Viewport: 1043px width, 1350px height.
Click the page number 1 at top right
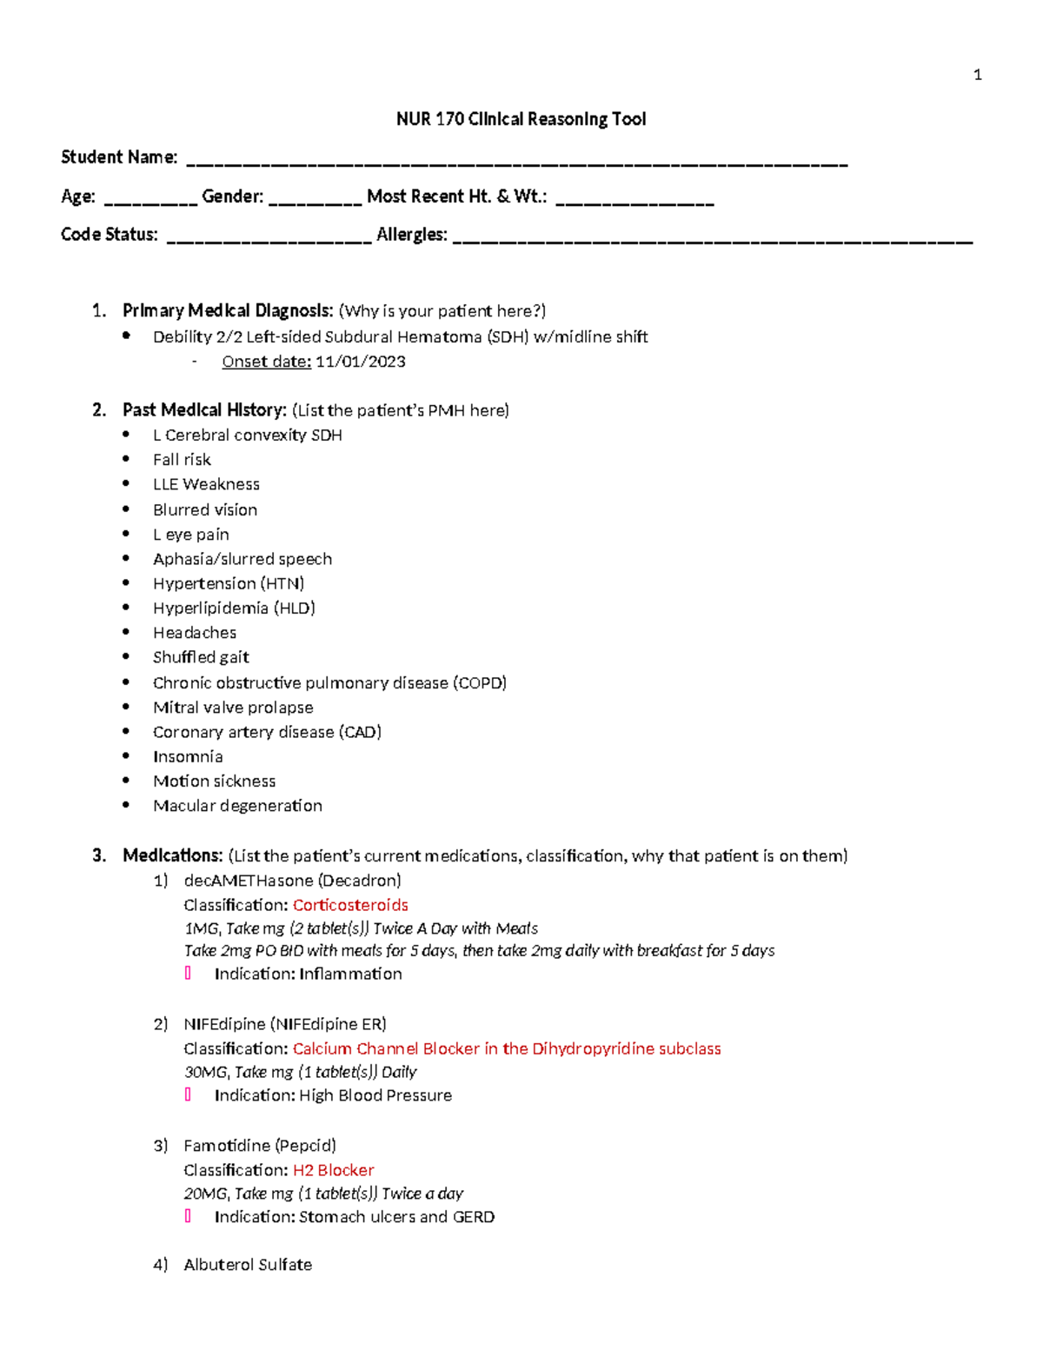(x=978, y=75)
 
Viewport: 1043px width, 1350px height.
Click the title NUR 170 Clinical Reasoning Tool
(x=521, y=119)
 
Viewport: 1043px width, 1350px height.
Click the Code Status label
(x=110, y=235)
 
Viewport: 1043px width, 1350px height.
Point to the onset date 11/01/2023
(x=360, y=362)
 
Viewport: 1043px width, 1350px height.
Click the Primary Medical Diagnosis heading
(x=228, y=311)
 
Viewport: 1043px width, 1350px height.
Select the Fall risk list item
(x=182, y=460)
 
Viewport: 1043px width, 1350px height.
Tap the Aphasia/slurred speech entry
(x=242, y=559)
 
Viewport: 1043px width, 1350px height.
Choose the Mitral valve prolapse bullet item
(x=233, y=708)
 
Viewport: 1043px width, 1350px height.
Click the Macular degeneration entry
(x=237, y=806)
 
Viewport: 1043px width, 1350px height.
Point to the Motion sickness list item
(x=214, y=781)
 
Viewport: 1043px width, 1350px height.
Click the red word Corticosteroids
(x=350, y=905)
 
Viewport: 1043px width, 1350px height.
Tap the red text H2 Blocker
(x=333, y=1170)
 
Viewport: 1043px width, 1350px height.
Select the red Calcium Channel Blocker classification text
(x=506, y=1048)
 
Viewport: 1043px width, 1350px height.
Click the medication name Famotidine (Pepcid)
(x=259, y=1146)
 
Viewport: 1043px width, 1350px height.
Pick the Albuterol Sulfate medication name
(x=248, y=1265)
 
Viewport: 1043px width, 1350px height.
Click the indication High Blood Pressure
(x=375, y=1095)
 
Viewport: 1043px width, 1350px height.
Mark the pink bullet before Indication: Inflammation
(x=188, y=974)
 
